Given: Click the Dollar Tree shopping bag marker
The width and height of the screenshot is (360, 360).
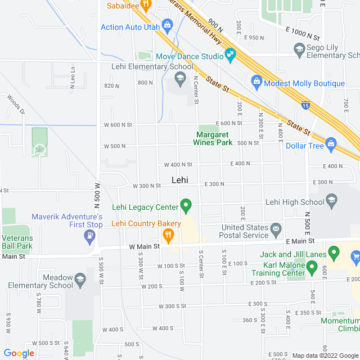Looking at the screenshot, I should pos(331,144).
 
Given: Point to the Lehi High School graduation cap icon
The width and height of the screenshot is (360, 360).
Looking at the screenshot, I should pos(332,200).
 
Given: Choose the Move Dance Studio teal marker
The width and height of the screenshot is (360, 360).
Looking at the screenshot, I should pos(230,55).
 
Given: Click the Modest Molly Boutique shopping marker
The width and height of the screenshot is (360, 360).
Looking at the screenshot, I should pos(256,82).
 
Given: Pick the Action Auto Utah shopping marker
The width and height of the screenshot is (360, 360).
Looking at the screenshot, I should pos(166,25).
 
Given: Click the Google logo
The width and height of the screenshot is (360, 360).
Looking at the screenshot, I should pos(19,353).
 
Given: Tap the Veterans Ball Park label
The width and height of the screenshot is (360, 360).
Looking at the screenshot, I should pos(17,242).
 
